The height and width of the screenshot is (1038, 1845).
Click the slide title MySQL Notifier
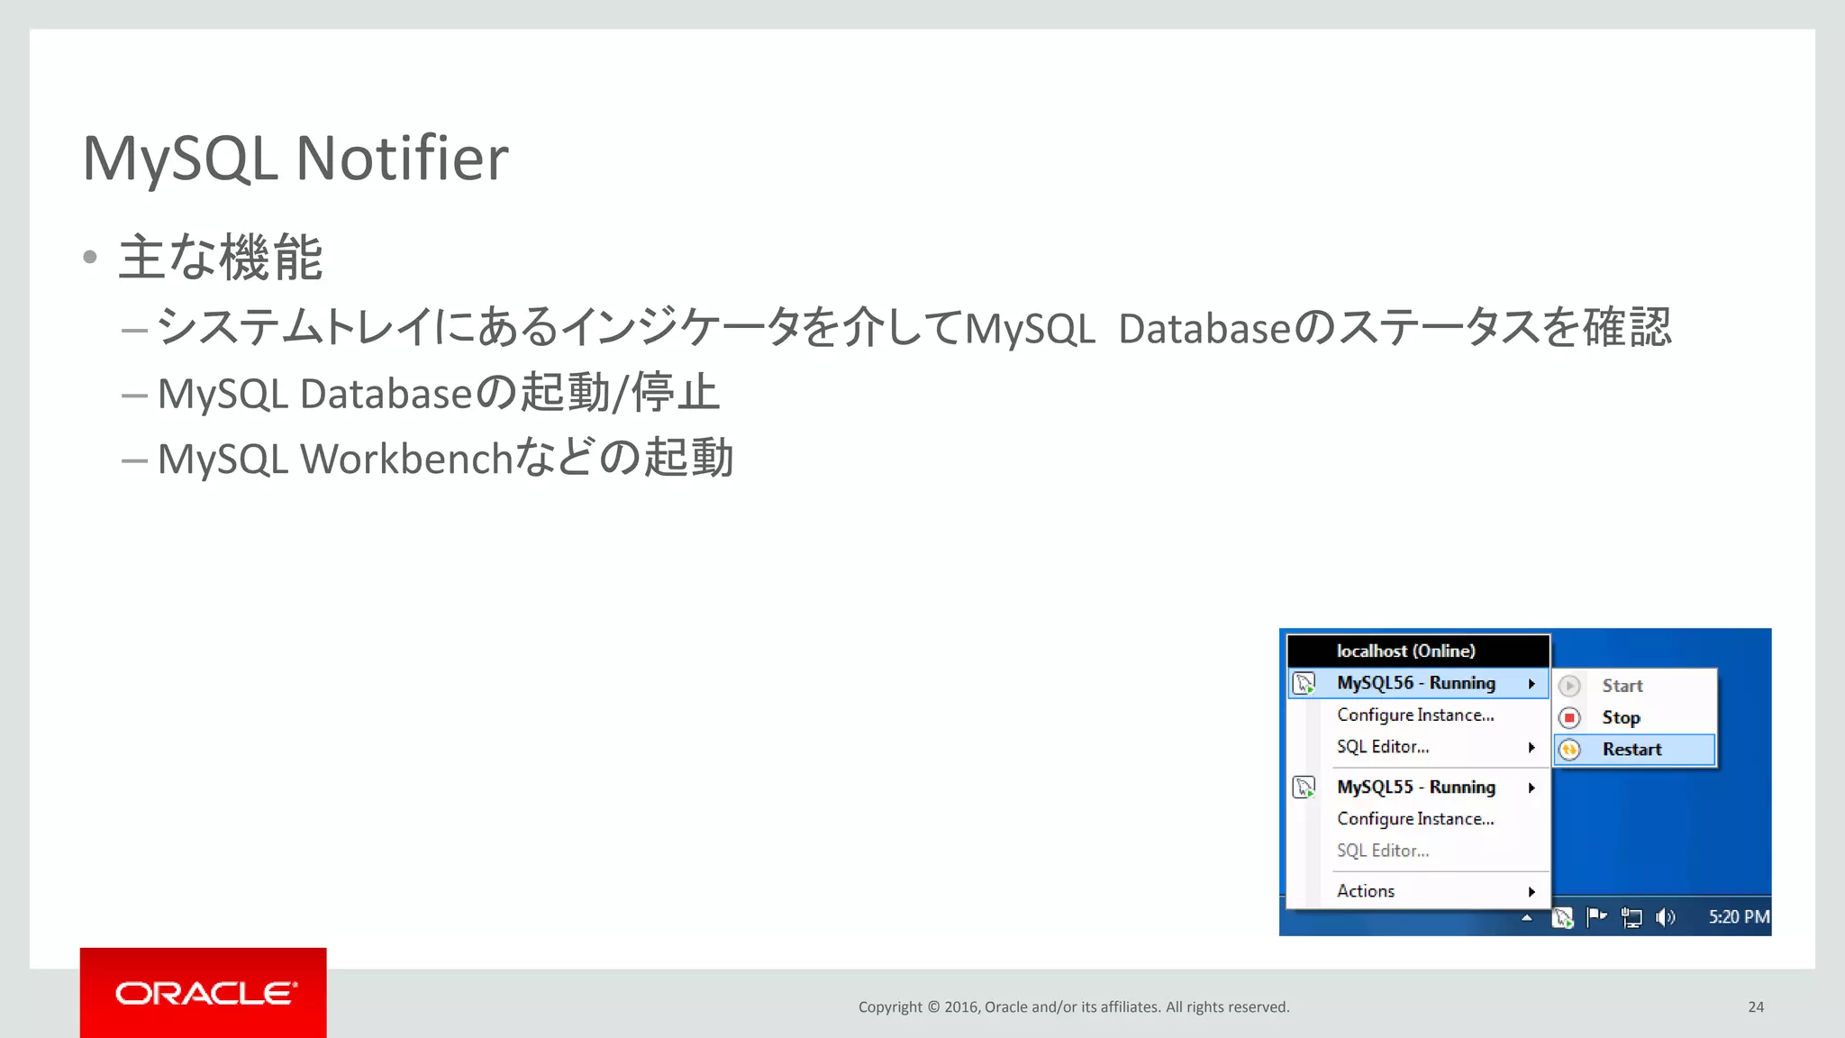click(x=295, y=159)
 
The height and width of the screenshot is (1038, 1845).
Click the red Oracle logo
click(x=204, y=992)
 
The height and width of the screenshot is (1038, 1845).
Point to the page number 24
click(x=1755, y=1006)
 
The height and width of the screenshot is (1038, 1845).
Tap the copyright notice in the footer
click(x=1073, y=1006)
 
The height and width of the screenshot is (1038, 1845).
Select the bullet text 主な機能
click(x=221, y=258)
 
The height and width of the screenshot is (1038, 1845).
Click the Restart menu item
click(x=1631, y=750)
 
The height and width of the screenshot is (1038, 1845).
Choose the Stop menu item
click(x=1621, y=718)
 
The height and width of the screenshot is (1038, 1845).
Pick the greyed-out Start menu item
click(x=1622, y=686)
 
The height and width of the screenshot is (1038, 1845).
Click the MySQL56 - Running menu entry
click(x=1415, y=683)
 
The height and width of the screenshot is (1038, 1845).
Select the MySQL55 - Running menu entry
click(x=1415, y=788)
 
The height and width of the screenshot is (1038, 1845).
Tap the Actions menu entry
click(x=1366, y=891)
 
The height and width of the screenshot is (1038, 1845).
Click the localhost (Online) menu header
click(x=1405, y=651)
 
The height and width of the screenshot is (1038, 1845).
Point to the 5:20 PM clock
click(x=1739, y=917)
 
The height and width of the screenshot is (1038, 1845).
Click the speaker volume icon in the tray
click(x=1665, y=917)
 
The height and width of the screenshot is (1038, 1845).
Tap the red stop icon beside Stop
click(x=1569, y=718)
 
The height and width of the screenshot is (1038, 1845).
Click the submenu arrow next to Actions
click(x=1531, y=892)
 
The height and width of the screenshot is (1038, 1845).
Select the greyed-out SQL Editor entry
click(x=1383, y=851)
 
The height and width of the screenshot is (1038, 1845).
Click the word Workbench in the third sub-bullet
click(x=406, y=459)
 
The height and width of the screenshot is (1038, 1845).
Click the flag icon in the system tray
click(x=1596, y=917)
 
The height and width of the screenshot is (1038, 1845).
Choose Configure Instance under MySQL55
click(x=1415, y=819)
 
